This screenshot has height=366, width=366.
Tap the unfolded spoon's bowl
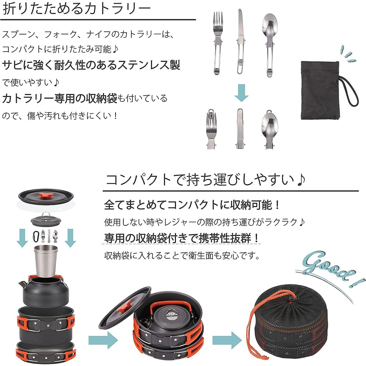[270, 28]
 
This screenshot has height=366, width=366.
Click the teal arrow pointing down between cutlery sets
[242, 93]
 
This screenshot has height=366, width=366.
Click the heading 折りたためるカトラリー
[76, 9]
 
